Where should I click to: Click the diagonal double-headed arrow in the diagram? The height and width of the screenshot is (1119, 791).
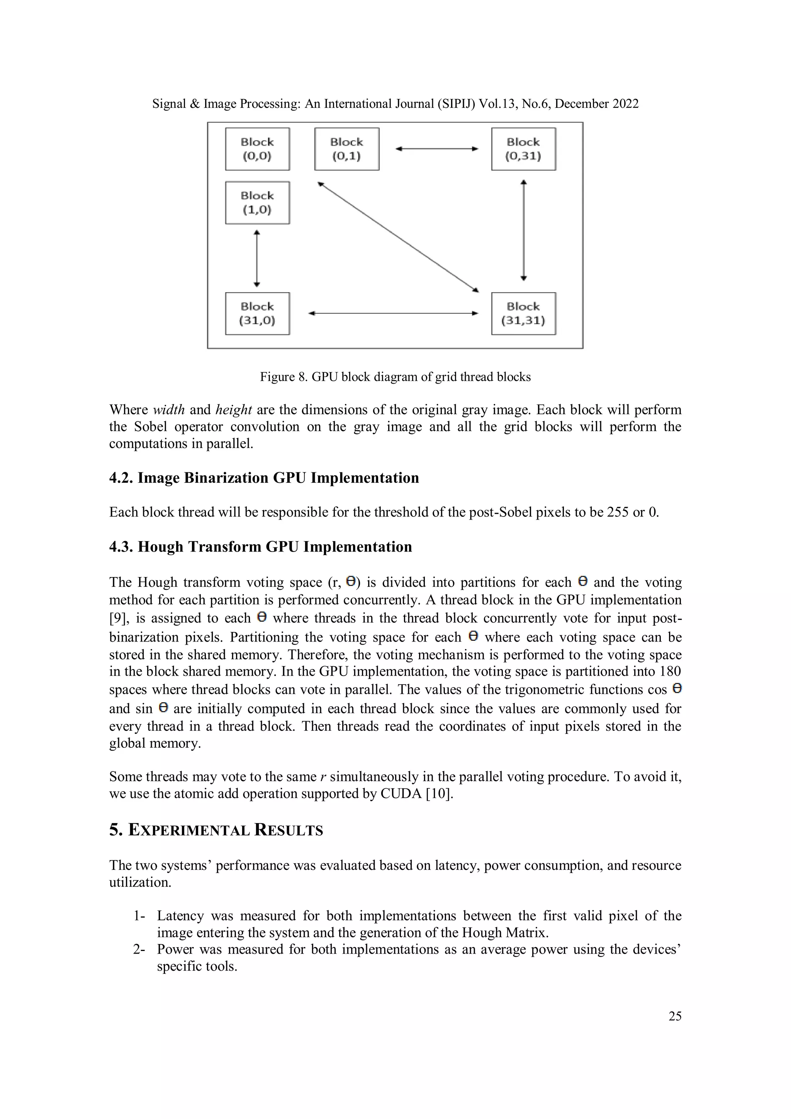[398, 237]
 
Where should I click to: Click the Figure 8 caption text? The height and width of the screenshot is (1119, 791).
[395, 377]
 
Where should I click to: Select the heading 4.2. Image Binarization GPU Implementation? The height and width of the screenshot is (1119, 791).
[264, 478]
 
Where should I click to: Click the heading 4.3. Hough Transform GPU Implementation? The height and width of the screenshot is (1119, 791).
[260, 547]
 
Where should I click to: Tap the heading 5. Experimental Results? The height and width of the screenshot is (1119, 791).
[216, 830]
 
